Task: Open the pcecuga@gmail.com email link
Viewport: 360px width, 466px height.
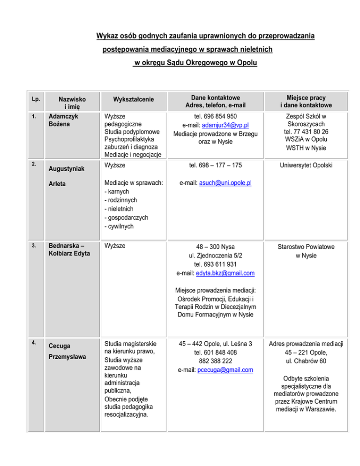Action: coord(229,370)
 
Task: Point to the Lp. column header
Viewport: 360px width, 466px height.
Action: coord(35,99)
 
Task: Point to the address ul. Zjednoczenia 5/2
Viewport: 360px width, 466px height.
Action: coord(216,255)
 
